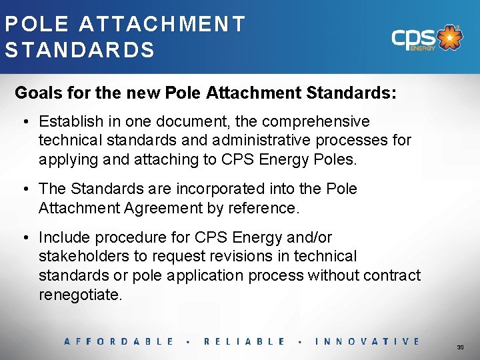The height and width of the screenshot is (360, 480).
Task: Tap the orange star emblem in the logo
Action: coord(451,38)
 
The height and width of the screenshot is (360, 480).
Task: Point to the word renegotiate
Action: coord(81,295)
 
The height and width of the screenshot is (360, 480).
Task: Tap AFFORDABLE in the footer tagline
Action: coord(119,341)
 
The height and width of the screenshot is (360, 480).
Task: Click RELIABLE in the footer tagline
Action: coord(244,341)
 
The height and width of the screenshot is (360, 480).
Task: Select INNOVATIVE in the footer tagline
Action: coord(367,341)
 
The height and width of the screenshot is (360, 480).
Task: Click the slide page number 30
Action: coord(460,347)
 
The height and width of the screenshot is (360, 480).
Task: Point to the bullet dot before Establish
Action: coord(24,122)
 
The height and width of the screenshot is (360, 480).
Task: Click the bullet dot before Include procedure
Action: coord(24,237)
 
